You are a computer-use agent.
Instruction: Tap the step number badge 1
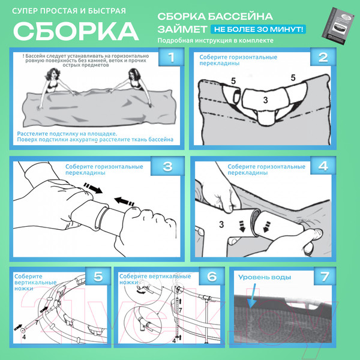tap(172, 58)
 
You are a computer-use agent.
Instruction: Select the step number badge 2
tap(323, 58)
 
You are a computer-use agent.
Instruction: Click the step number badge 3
tap(167, 166)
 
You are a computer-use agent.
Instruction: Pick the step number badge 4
tap(323, 166)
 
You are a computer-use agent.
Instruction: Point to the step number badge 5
tap(97, 277)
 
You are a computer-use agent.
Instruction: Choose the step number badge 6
tap(211, 277)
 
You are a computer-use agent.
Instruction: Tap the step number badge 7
tap(325, 277)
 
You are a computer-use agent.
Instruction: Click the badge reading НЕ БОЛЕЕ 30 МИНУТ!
tap(257, 29)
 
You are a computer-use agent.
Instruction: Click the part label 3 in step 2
tap(265, 100)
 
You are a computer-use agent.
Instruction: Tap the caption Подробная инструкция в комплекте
tap(215, 41)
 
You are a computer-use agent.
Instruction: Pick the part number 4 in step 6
tap(173, 340)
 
